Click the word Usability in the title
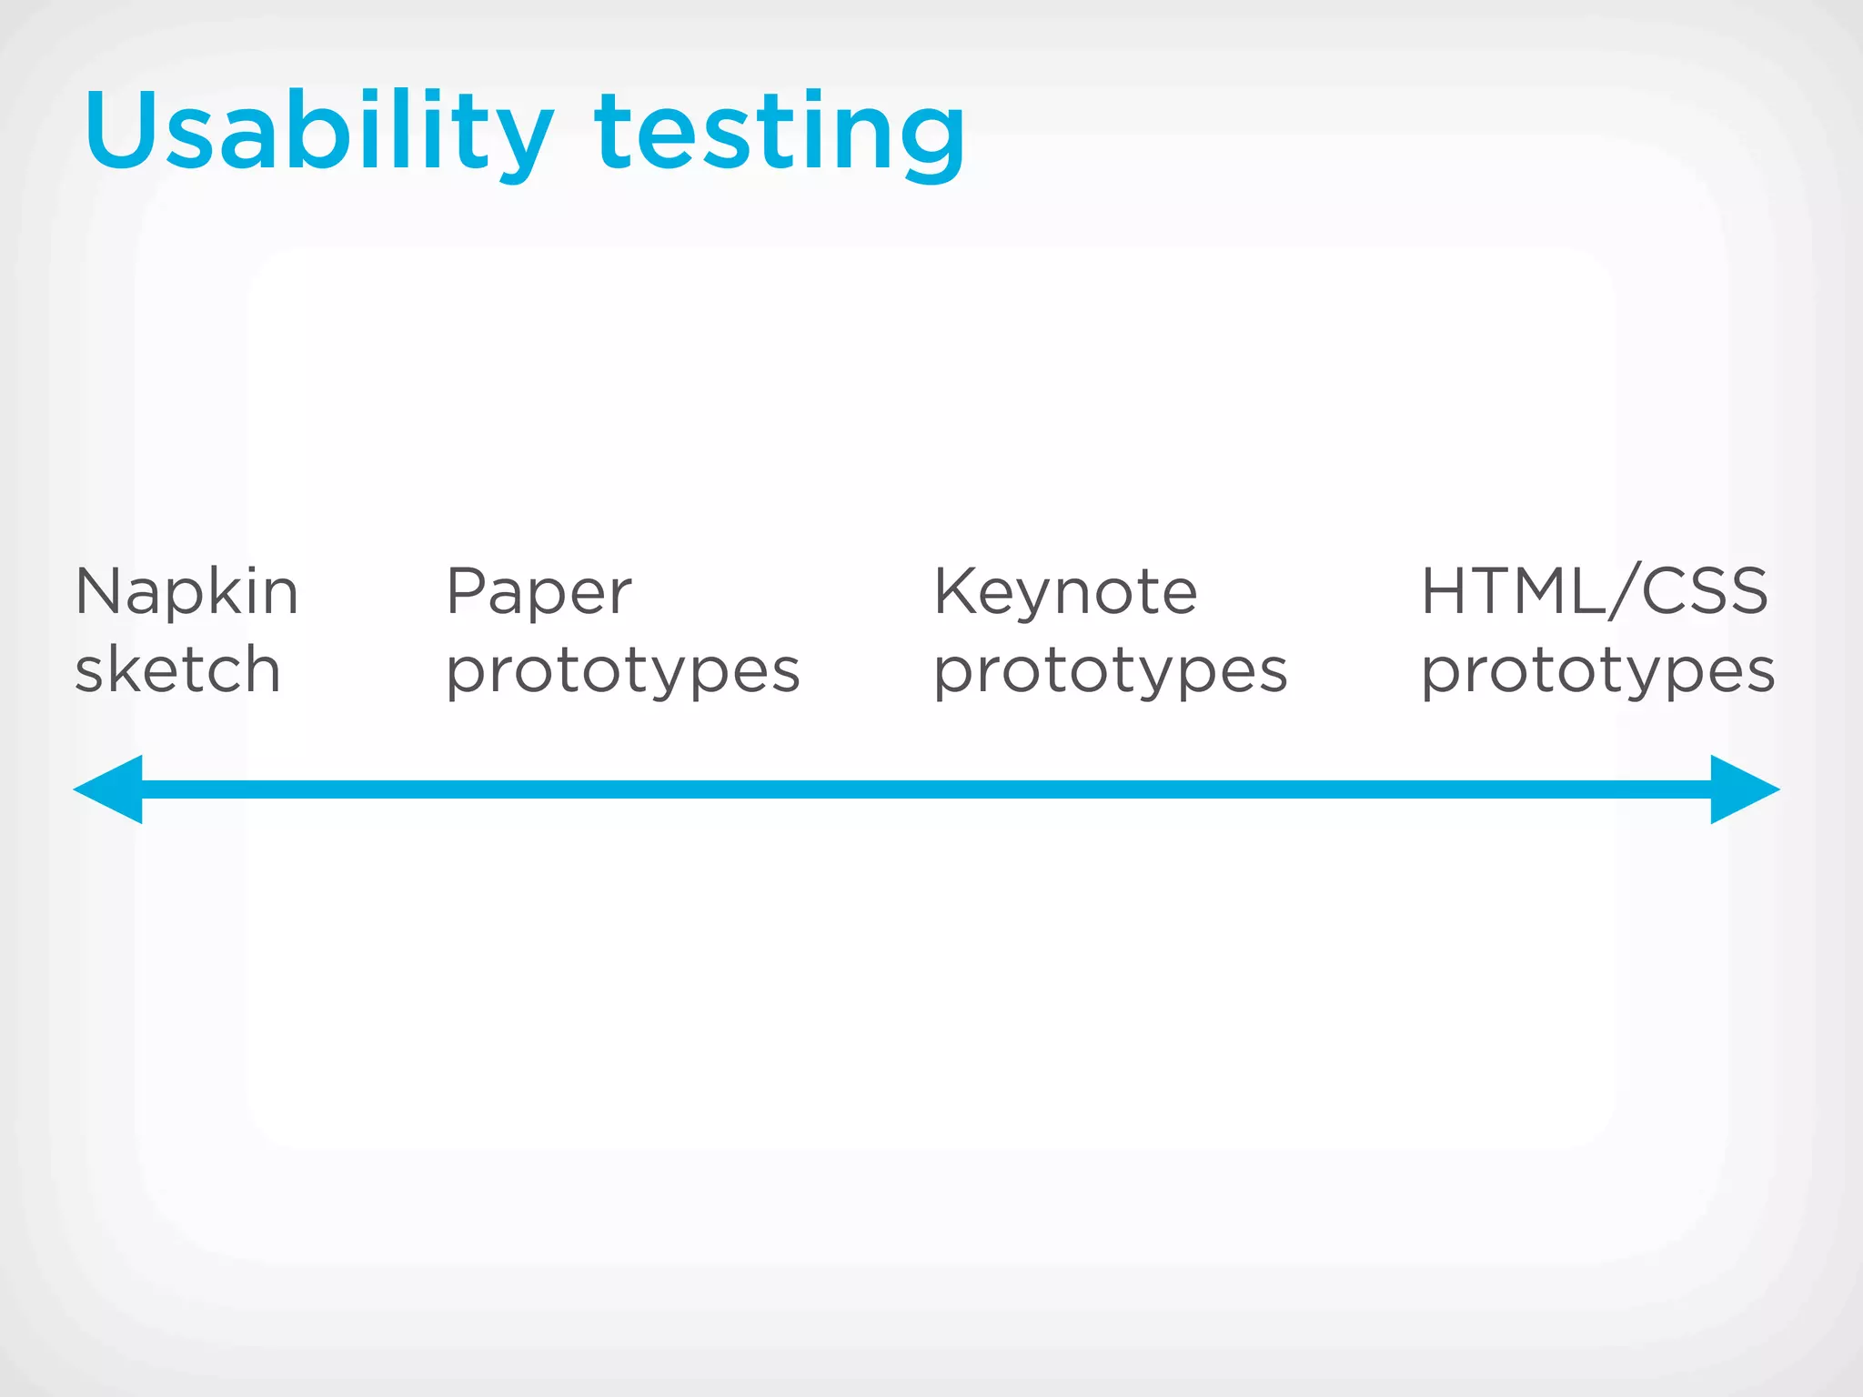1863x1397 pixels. (x=318, y=132)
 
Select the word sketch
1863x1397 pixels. (x=177, y=670)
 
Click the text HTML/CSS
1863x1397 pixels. (x=1595, y=591)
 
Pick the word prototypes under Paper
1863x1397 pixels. (x=623, y=673)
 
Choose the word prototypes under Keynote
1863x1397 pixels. (x=1111, y=673)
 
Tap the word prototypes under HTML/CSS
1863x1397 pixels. (x=1598, y=673)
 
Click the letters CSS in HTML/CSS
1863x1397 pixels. (x=1705, y=591)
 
